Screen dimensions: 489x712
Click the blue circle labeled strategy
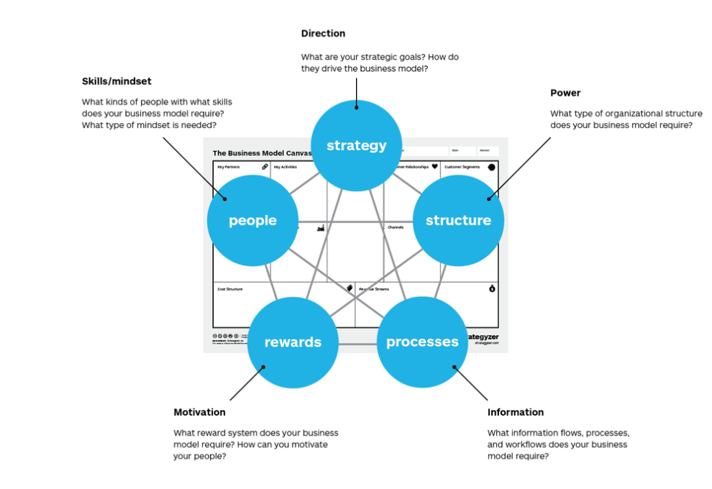point(357,145)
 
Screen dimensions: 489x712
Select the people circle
point(252,221)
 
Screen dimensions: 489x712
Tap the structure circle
point(458,221)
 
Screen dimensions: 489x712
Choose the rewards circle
point(293,342)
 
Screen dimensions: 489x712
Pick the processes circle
point(422,342)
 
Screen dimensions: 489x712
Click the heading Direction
point(323,34)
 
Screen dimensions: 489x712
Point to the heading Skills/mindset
point(117,81)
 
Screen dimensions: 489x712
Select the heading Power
point(565,93)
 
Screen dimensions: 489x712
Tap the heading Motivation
point(199,412)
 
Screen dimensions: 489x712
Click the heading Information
point(515,412)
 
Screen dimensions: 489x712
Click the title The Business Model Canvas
point(262,153)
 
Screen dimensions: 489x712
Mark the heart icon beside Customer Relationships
point(434,167)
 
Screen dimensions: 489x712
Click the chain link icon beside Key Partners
point(265,167)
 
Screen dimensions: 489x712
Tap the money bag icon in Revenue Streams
point(492,288)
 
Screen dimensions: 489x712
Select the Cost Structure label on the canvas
point(230,289)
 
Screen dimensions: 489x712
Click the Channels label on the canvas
point(396,227)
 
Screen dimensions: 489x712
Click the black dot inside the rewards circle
point(264,367)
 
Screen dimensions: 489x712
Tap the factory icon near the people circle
point(321,228)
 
